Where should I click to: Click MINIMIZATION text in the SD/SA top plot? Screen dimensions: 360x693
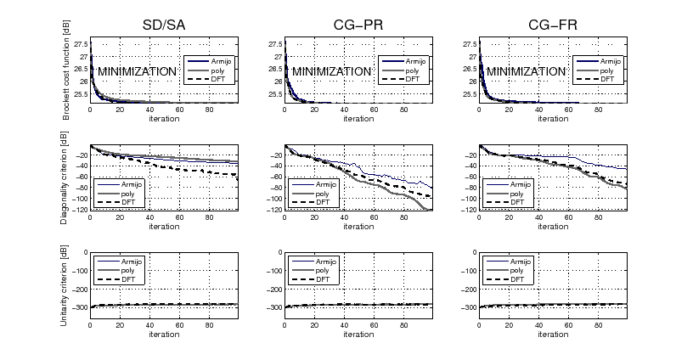coord(137,72)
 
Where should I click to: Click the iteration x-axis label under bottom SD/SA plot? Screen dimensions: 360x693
coord(163,334)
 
